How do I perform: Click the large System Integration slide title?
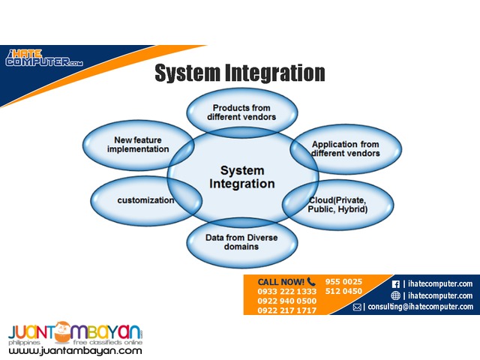[239, 73]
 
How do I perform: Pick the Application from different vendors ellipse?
[346, 148]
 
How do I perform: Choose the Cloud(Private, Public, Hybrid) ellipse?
[337, 205]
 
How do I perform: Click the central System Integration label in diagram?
[241, 176]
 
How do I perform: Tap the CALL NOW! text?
[275, 281]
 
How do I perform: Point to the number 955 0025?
[343, 281]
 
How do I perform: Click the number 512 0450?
[343, 291]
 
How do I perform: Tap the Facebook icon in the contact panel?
[396, 283]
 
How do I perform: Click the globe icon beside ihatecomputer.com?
[396, 295]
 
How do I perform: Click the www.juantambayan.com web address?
[76, 350]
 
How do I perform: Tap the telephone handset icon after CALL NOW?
[310, 281]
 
